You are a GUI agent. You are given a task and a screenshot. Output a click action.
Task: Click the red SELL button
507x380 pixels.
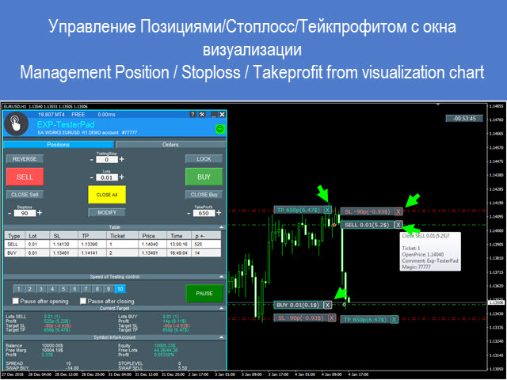point(25,177)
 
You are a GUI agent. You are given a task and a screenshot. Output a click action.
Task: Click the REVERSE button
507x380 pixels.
point(25,158)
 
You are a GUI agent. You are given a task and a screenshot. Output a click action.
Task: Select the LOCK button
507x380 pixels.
point(204,158)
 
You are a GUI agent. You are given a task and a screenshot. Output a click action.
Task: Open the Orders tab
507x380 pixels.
point(170,145)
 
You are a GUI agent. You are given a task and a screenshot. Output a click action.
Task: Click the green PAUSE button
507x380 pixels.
point(204,293)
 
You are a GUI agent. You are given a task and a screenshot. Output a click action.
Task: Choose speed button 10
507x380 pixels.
point(120,289)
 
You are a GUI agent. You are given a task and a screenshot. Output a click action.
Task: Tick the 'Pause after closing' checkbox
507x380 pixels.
point(82,302)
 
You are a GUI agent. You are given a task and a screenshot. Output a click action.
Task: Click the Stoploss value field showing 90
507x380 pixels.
point(25,213)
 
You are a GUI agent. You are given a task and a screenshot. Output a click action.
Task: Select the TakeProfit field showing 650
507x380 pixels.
point(204,213)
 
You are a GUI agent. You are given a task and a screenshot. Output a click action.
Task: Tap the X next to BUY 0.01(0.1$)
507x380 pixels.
point(327,305)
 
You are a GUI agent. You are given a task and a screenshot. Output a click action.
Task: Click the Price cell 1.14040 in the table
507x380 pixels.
point(149,245)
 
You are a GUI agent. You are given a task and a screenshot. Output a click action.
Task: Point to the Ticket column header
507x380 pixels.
point(117,236)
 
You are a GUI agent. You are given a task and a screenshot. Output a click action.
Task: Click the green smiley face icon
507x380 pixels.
point(219,127)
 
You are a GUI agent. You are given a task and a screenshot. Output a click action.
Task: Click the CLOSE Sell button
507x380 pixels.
point(25,194)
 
